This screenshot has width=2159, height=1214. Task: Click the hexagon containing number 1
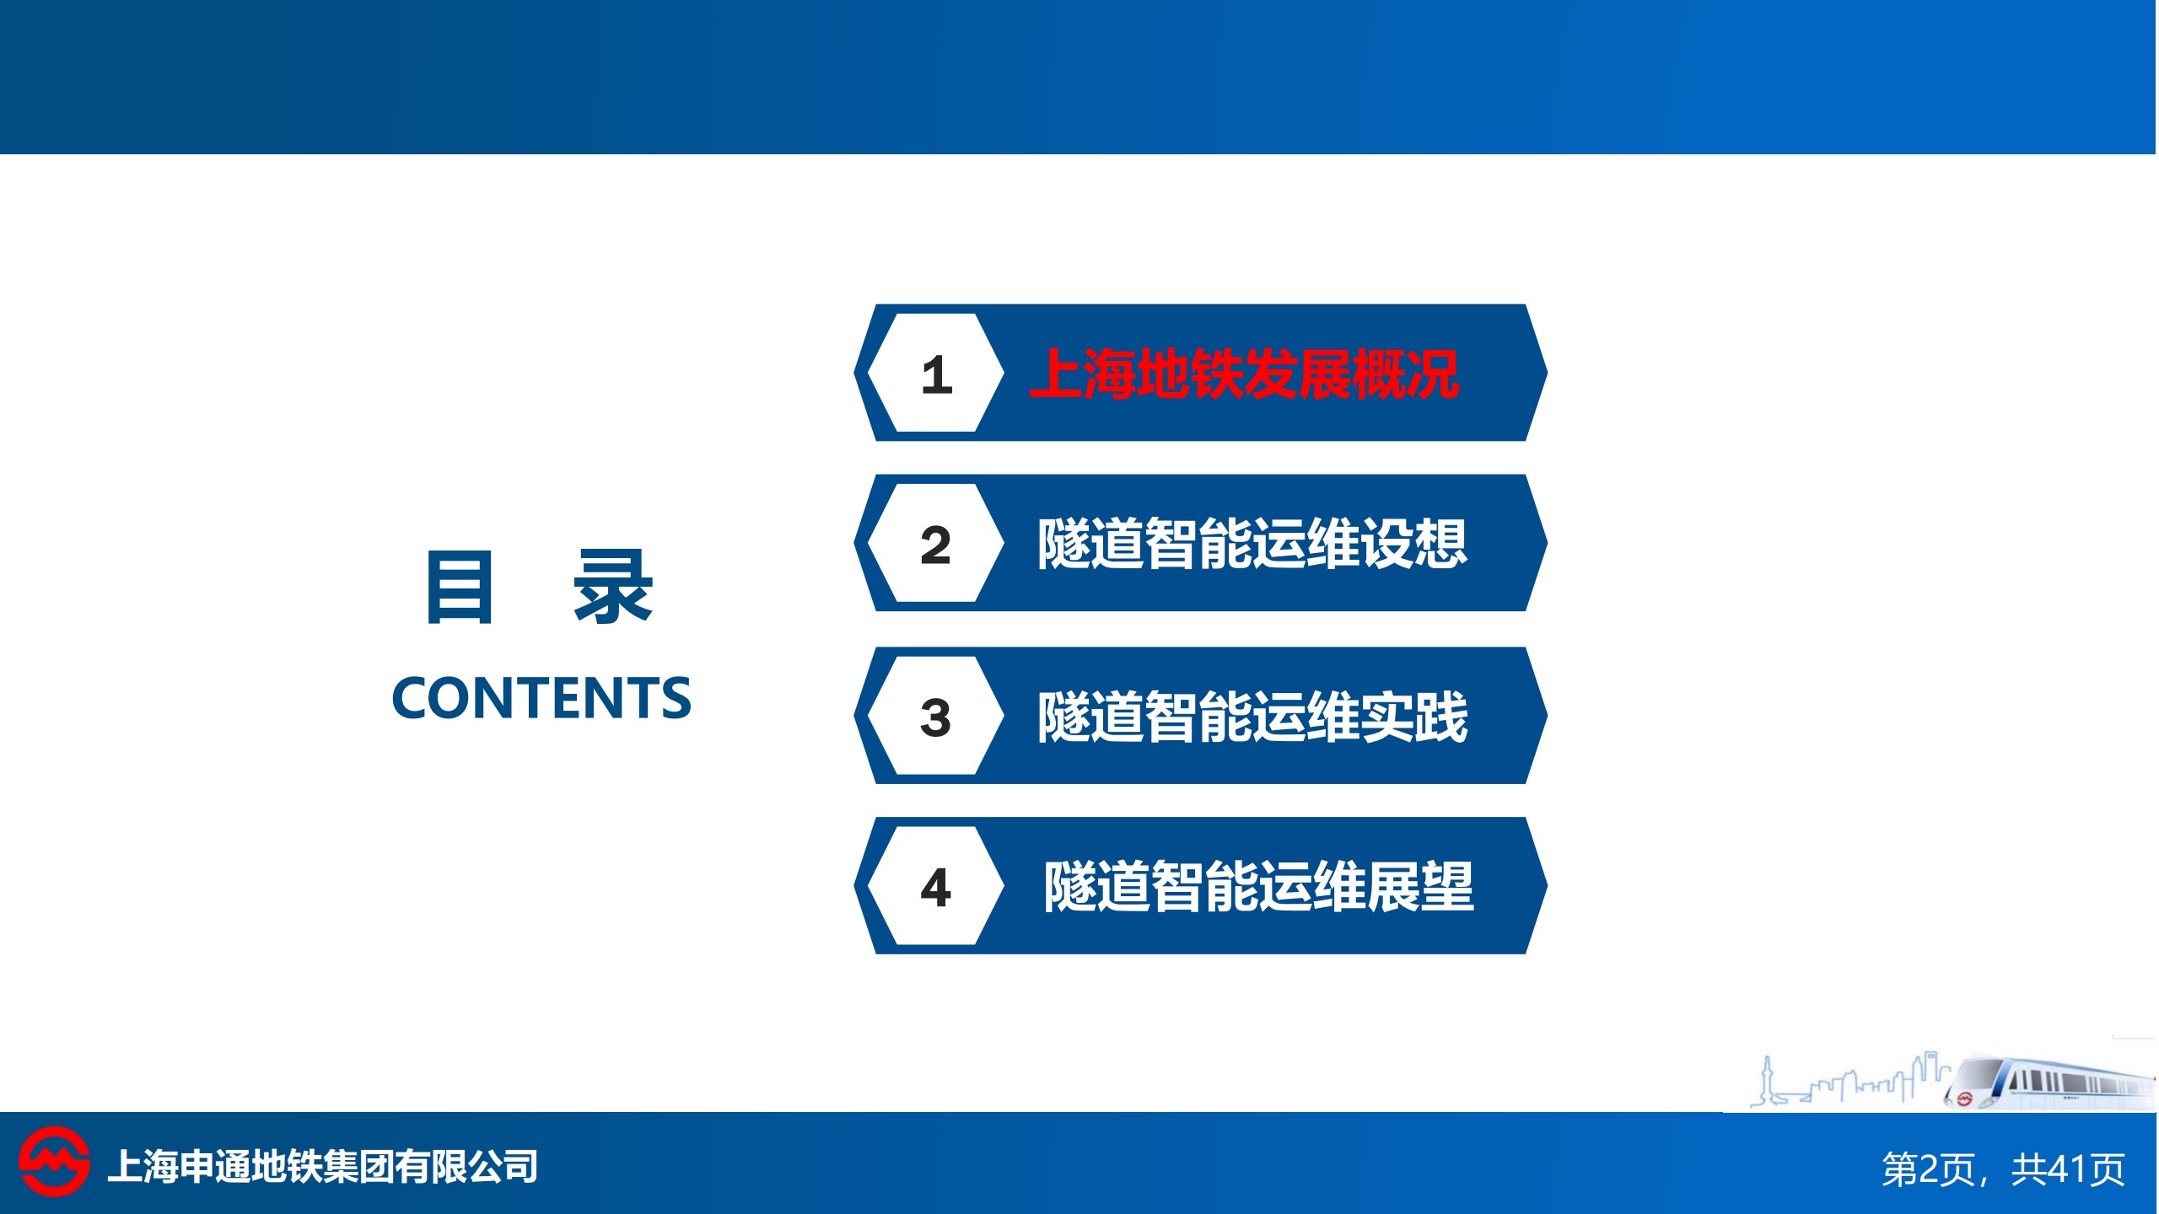936,373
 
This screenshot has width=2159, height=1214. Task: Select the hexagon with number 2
936,543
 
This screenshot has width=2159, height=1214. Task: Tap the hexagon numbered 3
936,716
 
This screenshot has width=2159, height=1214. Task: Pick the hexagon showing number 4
936,886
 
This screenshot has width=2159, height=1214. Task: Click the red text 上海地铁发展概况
1245,373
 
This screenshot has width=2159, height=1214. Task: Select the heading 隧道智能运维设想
1253,544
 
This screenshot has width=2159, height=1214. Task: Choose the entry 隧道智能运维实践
1253,717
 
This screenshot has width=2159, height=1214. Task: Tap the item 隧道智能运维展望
1259,886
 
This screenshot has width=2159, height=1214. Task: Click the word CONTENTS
541,698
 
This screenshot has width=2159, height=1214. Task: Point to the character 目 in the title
460,587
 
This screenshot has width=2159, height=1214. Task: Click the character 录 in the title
613,587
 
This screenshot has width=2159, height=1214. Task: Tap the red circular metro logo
54,1162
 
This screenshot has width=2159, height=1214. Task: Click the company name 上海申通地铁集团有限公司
323,1167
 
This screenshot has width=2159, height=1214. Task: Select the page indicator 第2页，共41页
2003,1169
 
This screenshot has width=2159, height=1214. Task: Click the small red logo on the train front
1964,1099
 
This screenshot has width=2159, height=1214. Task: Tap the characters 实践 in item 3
1415,717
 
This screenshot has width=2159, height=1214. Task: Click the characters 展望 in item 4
1421,886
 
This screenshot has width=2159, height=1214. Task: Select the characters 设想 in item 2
1415,544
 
